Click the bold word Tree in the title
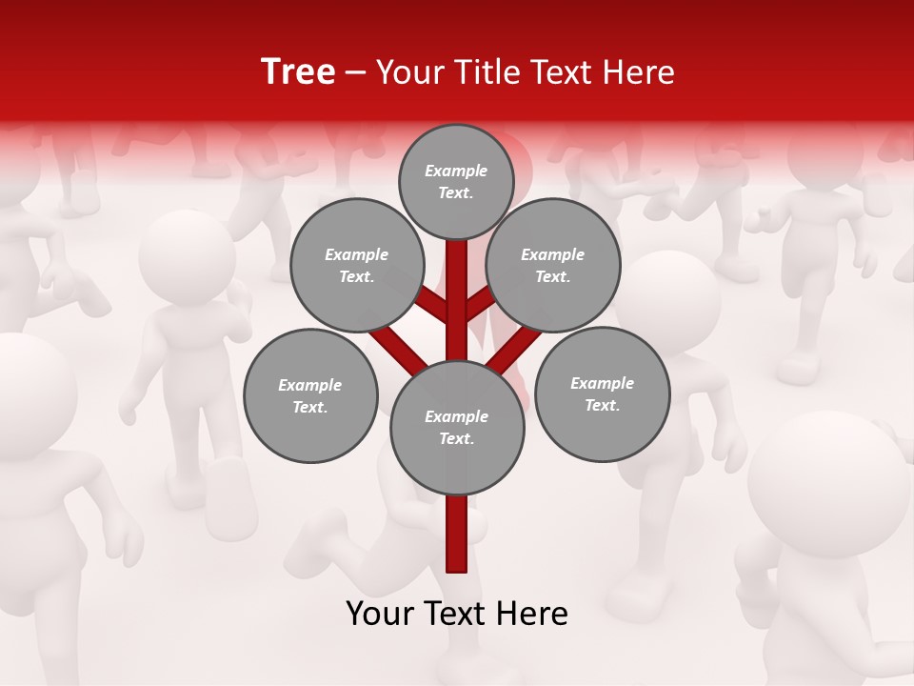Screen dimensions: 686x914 click(298, 71)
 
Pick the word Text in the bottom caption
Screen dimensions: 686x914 click(456, 614)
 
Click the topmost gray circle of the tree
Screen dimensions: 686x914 click(457, 181)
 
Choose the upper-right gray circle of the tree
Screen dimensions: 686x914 click(553, 266)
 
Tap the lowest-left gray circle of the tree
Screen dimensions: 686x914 click(310, 396)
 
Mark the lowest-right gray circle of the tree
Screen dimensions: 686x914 click(602, 394)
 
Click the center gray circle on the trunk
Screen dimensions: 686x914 click(457, 428)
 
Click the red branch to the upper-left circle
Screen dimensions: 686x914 click(433, 307)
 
